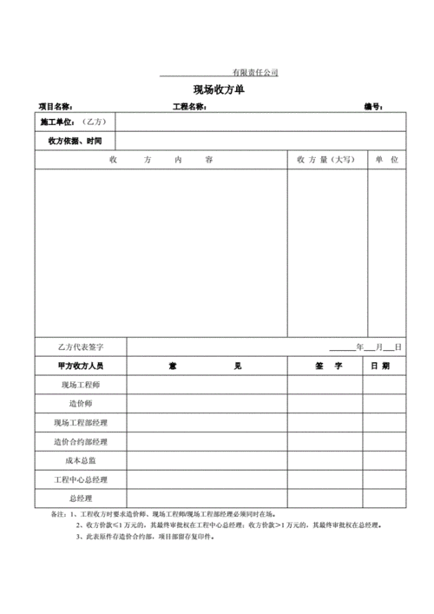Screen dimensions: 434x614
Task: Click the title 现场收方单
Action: pos(218,89)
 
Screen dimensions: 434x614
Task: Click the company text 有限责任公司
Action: pos(254,72)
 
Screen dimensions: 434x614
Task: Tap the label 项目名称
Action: pos(56,107)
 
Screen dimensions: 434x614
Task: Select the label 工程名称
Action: pos(189,107)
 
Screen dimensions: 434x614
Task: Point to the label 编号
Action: pos(373,107)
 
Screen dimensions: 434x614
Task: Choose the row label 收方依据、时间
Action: pos(75,141)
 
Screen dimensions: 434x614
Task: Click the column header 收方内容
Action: pos(161,160)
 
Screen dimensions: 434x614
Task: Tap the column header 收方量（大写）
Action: pos(325,160)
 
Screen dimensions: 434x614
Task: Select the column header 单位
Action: pos(386,160)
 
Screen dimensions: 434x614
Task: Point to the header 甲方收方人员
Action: pos(80,366)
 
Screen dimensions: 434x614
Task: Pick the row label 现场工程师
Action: pos(80,385)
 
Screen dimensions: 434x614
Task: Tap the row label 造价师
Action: pos(80,404)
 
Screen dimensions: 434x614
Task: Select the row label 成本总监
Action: pos(80,461)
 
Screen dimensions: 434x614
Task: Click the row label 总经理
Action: pos(80,498)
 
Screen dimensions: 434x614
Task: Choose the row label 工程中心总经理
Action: pos(80,479)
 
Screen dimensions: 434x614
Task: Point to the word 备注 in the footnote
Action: pos(58,514)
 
